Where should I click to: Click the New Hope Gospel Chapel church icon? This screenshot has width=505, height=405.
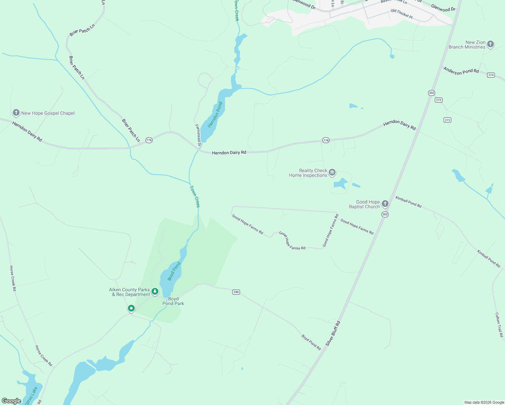click(x=16, y=113)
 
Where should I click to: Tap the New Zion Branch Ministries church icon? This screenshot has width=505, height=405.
click(x=490, y=44)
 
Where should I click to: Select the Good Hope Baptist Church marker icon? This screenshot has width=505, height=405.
click(x=385, y=204)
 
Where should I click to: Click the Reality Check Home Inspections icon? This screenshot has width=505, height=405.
click(x=332, y=173)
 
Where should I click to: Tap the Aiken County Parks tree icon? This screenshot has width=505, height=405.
click(x=155, y=291)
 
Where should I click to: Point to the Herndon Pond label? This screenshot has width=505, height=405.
click(x=215, y=115)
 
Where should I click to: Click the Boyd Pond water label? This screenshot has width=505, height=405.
click(x=174, y=271)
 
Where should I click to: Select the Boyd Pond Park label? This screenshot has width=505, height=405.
click(x=173, y=301)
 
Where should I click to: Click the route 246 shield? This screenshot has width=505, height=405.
click(x=236, y=292)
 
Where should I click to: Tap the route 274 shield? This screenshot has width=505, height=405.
click(x=491, y=75)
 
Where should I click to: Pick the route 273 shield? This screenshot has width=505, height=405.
click(x=447, y=120)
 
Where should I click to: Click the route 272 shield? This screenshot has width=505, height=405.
click(x=438, y=100)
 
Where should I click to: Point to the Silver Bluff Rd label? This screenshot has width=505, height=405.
click(x=333, y=333)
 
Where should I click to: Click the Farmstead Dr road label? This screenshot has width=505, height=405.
click(x=198, y=135)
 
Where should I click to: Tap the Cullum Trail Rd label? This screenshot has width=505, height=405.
click(x=499, y=325)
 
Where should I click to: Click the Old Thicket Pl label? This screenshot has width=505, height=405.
click(x=401, y=14)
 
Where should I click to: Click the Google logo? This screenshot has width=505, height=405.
click(x=11, y=401)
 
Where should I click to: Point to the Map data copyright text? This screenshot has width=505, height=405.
click(x=484, y=402)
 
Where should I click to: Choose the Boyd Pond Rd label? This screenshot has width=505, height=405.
click(x=311, y=342)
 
